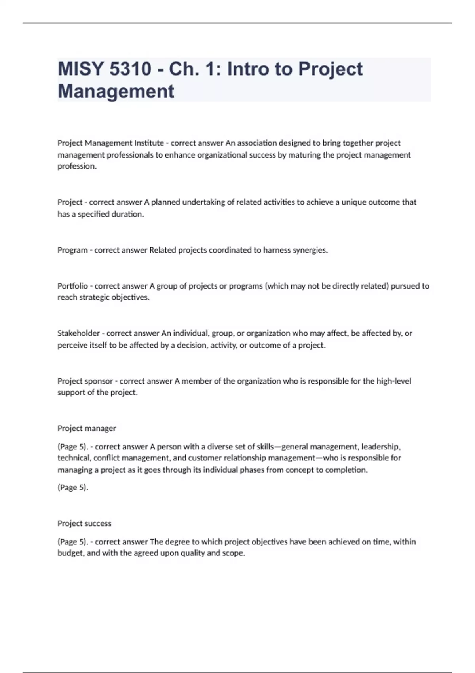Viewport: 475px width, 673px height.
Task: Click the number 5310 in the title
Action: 130,69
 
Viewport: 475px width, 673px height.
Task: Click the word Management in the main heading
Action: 116,91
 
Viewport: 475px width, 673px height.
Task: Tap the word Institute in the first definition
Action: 149,143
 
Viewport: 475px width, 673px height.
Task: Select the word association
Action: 257,143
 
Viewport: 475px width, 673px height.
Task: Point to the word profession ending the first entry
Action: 77,166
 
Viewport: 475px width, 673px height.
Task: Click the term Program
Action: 72,250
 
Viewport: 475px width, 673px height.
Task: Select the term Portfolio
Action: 73,286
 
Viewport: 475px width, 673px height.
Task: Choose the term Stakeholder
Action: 78,333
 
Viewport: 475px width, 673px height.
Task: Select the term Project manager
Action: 87,428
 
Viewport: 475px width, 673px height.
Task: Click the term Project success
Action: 84,523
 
